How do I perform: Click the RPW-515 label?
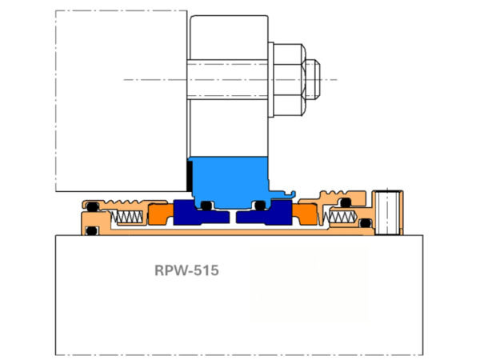pyautogui.click(x=186, y=270)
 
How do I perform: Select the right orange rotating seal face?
pyautogui.click(x=306, y=214)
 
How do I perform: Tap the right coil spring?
pyautogui.click(x=339, y=216)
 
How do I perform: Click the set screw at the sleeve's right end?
pyautogui.click(x=390, y=212)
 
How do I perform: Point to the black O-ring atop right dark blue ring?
pyautogui.click(x=258, y=205)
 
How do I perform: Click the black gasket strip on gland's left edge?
pyautogui.click(x=190, y=173)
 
